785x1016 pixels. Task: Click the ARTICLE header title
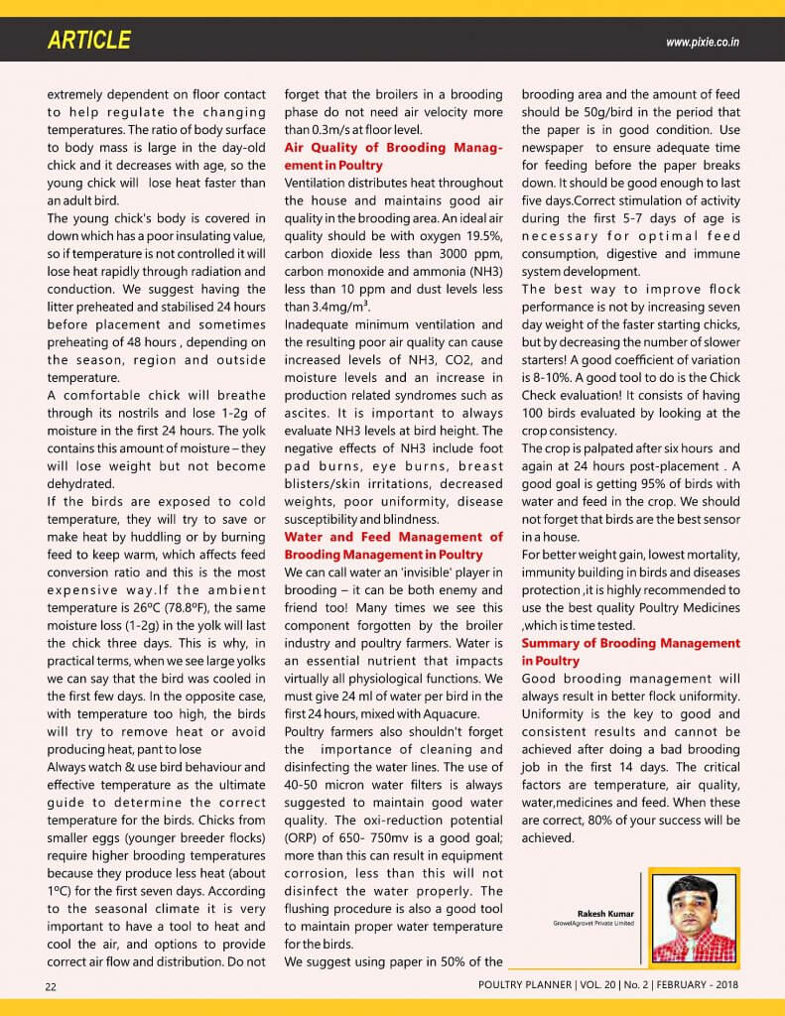[88, 41]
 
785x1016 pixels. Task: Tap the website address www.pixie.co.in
[708, 42]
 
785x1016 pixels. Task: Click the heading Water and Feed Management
[393, 545]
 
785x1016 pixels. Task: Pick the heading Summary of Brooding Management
[630, 652]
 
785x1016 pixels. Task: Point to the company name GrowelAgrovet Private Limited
[593, 924]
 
